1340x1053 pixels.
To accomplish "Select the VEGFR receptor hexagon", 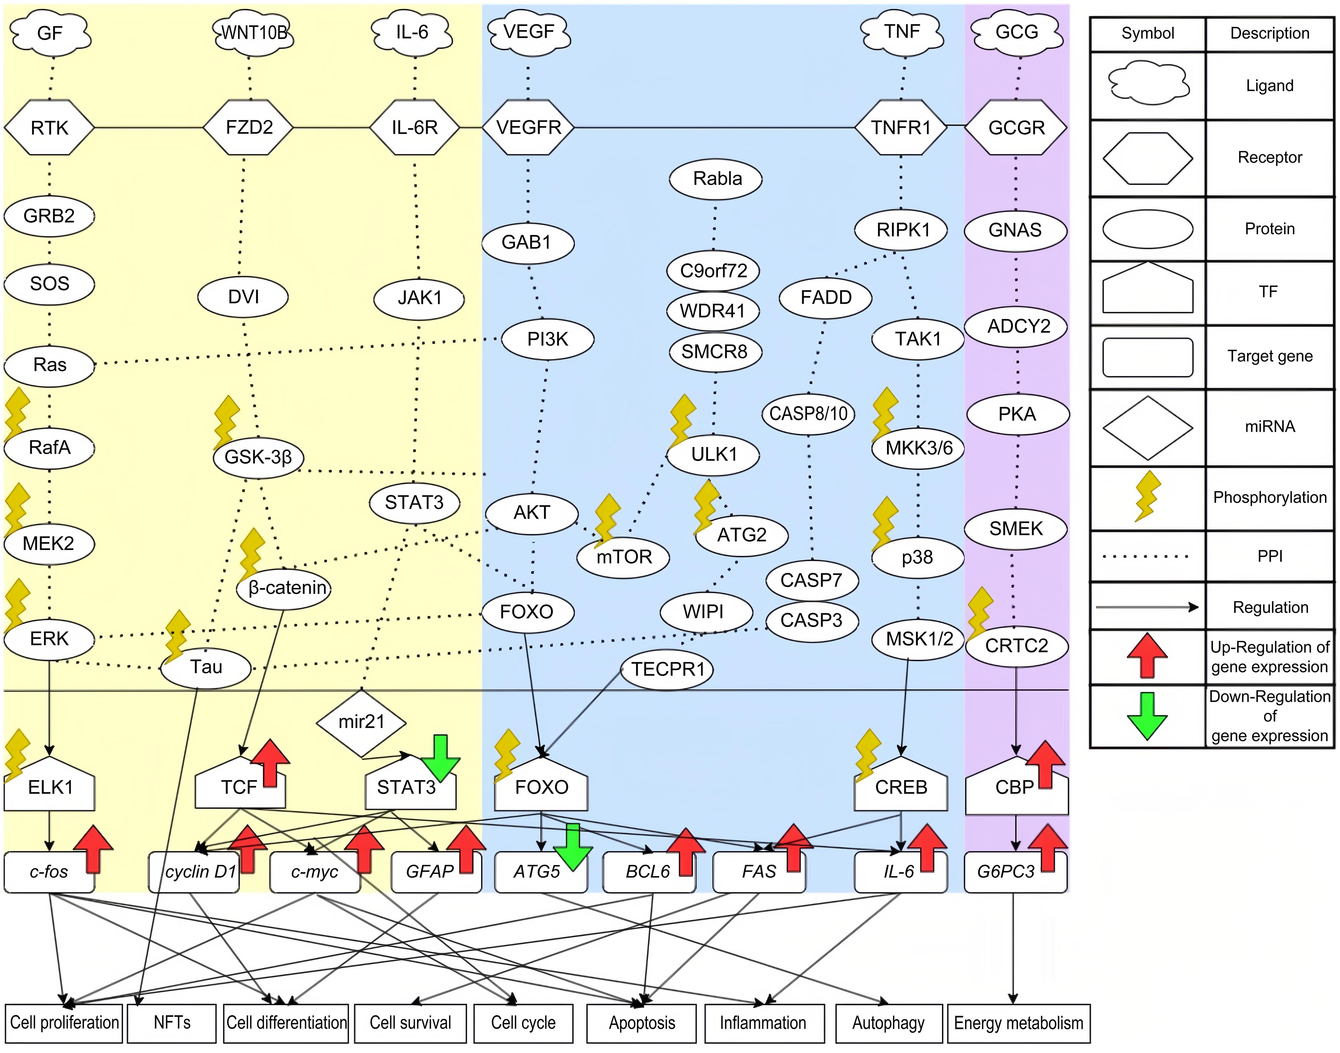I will (x=528, y=128).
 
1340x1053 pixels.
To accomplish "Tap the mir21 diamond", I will (x=361, y=722).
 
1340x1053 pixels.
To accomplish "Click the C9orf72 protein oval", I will (x=713, y=271).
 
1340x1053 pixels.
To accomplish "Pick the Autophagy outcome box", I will (x=888, y=1023).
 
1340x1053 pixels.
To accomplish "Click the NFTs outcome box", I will (x=172, y=1023).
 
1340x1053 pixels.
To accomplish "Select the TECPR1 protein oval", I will (x=668, y=669).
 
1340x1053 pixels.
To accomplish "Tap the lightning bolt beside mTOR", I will (x=607, y=520).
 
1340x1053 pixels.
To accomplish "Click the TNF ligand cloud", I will (x=902, y=32).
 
